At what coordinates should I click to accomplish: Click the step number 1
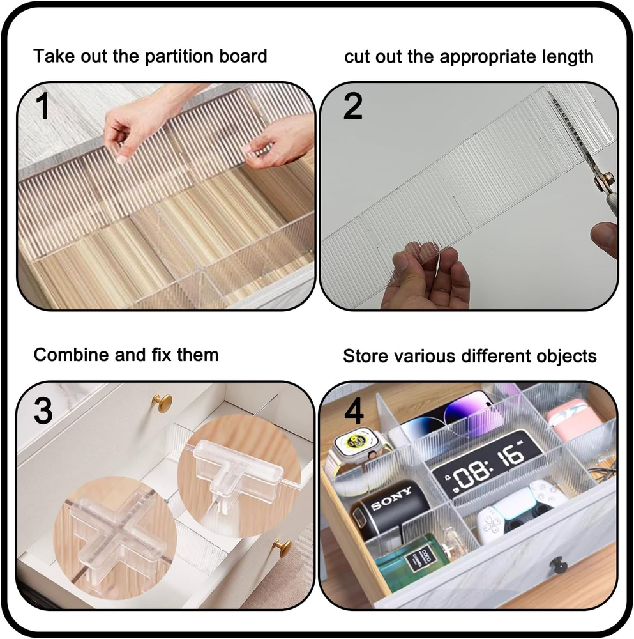tap(42, 106)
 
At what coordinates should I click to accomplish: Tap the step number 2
tap(352, 106)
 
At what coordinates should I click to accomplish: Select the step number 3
tap(43, 411)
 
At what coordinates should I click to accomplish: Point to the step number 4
tap(354, 412)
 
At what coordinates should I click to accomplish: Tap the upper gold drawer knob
tap(162, 402)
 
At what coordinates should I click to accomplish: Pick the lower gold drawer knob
tap(282, 548)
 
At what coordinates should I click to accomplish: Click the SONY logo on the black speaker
tap(391, 498)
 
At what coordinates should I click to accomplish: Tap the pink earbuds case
tap(568, 419)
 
